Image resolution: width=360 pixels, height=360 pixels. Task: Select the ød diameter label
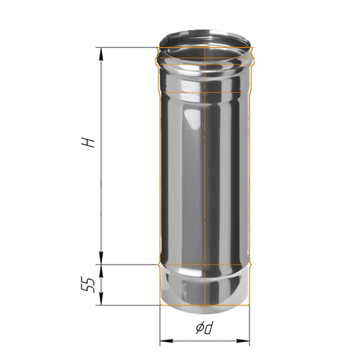pyautogui.click(x=204, y=329)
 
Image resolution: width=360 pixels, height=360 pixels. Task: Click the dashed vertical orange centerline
pyautogui.click(x=206, y=182)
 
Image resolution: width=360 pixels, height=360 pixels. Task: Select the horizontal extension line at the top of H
pyautogui.click(x=127, y=47)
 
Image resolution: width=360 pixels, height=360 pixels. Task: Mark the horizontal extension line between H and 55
pyautogui.click(x=127, y=263)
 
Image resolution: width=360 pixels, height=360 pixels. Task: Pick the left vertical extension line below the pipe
pyautogui.click(x=159, y=324)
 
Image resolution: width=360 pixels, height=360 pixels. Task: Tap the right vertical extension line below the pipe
pyautogui.click(x=252, y=324)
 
